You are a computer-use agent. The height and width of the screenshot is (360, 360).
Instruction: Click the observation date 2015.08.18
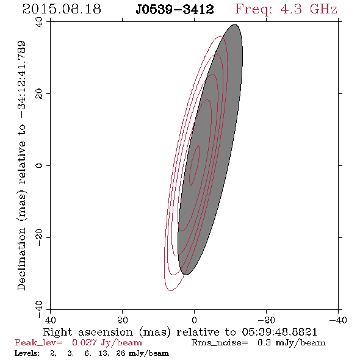pyautogui.click(x=62, y=9)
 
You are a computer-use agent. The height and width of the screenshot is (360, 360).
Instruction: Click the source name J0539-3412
pyautogui.click(x=175, y=9)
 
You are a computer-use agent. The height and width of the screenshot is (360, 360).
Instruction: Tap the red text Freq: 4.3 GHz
pyautogui.click(x=286, y=9)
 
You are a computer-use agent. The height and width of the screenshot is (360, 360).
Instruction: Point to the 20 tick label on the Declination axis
pyautogui.click(x=39, y=94)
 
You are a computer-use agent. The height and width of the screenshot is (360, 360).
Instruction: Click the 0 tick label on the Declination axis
pyautogui.click(x=39, y=165)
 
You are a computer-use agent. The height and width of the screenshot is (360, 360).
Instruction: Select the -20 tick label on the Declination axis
pyautogui.click(x=39, y=237)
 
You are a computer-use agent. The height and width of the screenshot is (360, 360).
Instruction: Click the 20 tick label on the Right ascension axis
pyautogui.click(x=122, y=320)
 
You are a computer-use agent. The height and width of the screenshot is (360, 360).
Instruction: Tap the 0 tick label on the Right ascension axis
pyautogui.click(x=194, y=320)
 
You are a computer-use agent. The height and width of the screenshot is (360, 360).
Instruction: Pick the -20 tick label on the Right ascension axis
pyautogui.click(x=266, y=320)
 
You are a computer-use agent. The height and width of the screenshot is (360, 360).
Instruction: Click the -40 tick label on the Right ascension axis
pyautogui.click(x=338, y=320)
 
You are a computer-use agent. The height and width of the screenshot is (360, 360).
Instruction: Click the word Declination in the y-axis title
pyautogui.click(x=21, y=259)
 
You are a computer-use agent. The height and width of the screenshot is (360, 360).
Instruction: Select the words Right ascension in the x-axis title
pyautogui.click(x=88, y=332)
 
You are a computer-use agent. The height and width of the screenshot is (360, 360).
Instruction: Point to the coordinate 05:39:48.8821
pyautogui.click(x=279, y=332)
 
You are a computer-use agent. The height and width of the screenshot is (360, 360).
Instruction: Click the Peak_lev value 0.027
pyautogui.click(x=84, y=342)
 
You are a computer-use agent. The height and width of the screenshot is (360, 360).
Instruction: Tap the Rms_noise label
pyautogui.click(x=220, y=343)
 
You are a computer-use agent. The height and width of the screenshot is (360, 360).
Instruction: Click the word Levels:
pyautogui.click(x=27, y=353)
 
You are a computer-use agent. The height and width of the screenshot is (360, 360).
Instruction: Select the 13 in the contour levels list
pyautogui.click(x=103, y=353)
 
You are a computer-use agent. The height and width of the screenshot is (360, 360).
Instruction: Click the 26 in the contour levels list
pyautogui.click(x=121, y=353)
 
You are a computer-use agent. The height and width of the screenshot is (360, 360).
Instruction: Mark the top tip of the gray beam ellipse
pyautogui.click(x=234, y=24)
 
